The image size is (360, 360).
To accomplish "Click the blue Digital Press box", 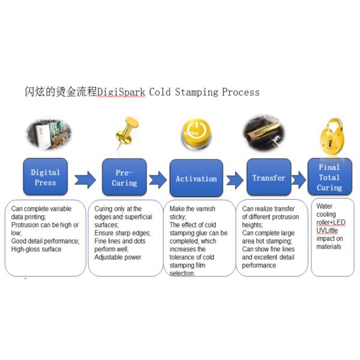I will [45, 178].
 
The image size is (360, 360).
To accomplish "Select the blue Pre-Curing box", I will [124, 178].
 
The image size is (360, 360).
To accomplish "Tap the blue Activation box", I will [196, 178].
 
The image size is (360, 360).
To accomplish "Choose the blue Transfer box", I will [268, 178].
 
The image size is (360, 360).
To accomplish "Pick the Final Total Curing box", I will [329, 177].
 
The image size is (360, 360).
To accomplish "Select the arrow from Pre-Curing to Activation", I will [158, 179].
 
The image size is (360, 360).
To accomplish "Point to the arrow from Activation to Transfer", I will [235, 179].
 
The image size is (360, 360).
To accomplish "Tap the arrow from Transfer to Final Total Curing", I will [300, 179].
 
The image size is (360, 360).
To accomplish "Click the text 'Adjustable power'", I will [118, 257].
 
